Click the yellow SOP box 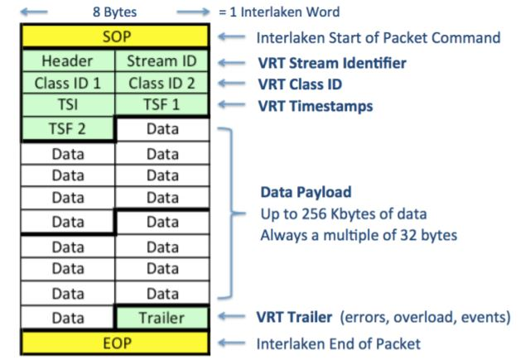(115, 38)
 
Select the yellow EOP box (115, 342)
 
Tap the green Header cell (67, 61)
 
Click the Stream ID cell (162, 61)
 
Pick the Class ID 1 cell (67, 84)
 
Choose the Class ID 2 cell (162, 84)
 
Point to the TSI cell (67, 106)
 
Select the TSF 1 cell (162, 106)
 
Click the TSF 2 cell (67, 129)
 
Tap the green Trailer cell (162, 318)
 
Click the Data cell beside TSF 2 (162, 129)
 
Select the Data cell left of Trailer (67, 318)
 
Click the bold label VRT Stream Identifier (331, 62)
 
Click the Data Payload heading (306, 192)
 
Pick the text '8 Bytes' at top (115, 12)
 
